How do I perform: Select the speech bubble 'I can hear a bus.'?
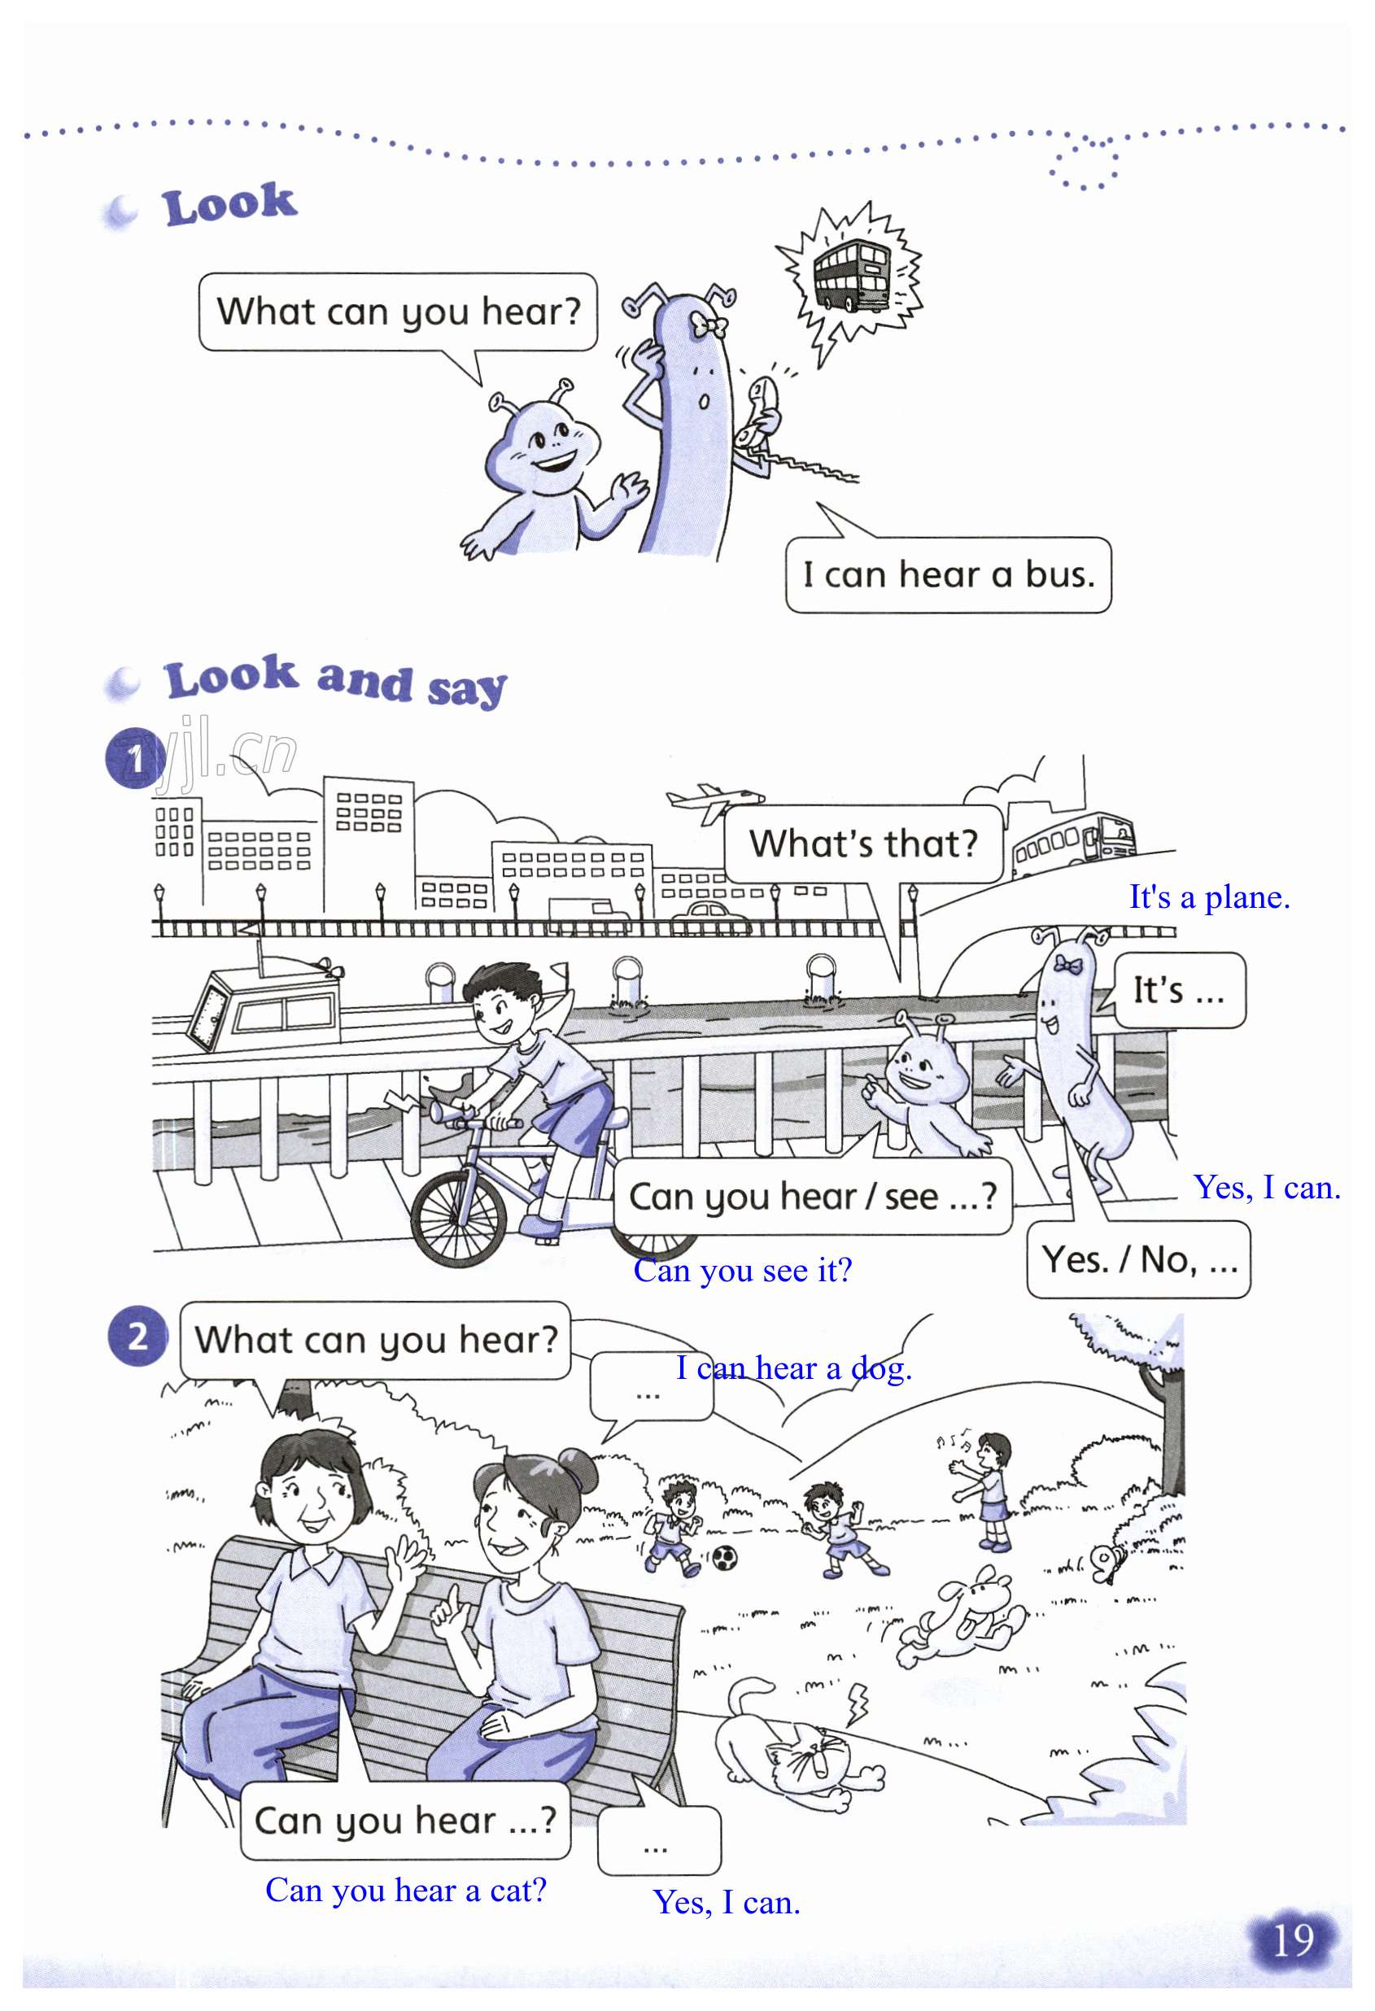coord(948,575)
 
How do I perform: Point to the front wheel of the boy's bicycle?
coord(458,1219)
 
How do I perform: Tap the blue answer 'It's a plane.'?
coord(1209,897)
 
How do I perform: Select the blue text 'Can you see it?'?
coord(743,1270)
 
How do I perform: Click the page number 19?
coord(1294,1940)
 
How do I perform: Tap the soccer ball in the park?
coord(724,1558)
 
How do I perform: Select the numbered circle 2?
coord(137,1337)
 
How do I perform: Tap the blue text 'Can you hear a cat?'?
coord(406,1891)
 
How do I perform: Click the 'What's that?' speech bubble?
coord(862,844)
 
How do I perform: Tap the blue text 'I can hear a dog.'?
coord(793,1368)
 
